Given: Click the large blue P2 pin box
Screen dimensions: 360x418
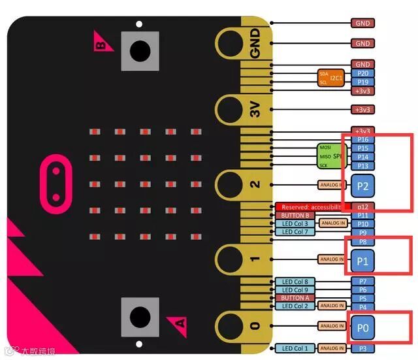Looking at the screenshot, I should coord(363,186).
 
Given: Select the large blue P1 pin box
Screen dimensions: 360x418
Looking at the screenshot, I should coord(363,260).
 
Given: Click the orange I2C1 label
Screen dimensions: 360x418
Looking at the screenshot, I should coord(336,78).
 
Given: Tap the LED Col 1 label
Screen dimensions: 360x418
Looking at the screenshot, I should coord(295,348).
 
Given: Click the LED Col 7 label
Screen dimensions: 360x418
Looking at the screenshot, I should coord(295,232).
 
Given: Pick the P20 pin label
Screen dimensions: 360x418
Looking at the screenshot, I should coord(363,73).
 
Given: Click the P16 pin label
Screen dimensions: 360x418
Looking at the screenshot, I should coord(363,140).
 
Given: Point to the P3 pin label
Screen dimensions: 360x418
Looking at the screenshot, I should coord(363,348).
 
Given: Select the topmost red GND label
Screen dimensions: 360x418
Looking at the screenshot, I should coord(362,24).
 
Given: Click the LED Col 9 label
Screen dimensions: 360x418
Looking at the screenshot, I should coord(295,290).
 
